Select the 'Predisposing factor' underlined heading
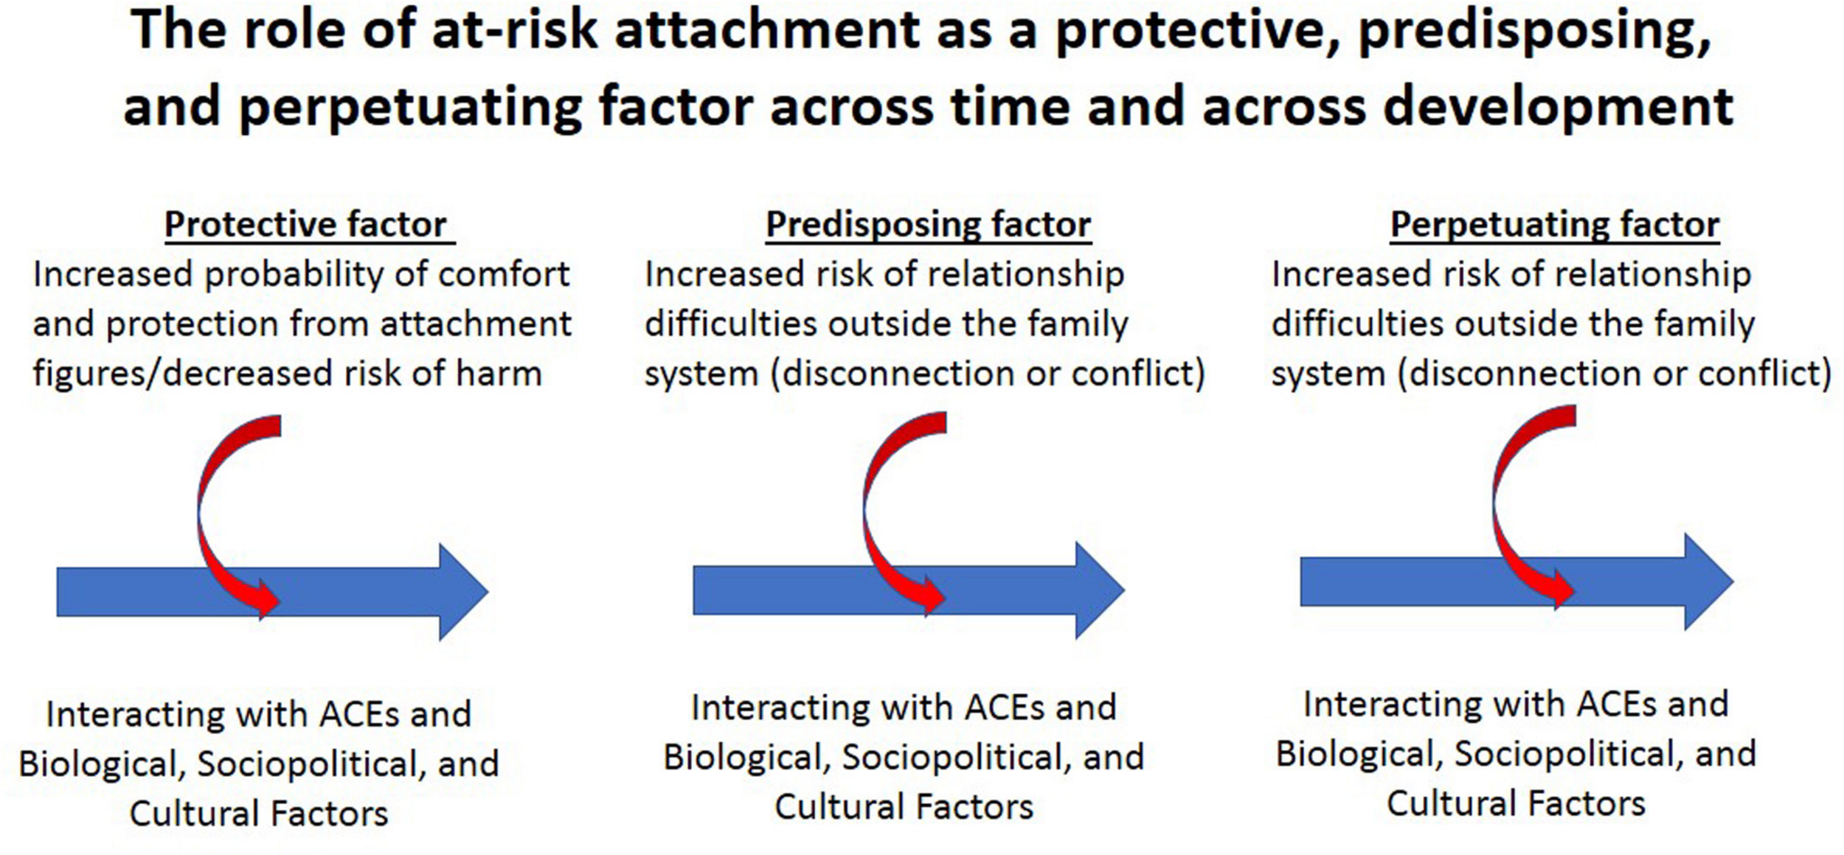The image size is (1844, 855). [928, 224]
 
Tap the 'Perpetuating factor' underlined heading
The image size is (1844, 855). [1555, 224]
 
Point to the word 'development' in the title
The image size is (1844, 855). [1558, 106]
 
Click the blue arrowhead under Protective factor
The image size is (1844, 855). [460, 592]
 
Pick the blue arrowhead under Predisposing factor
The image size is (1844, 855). [1097, 590]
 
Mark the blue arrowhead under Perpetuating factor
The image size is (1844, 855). [1705, 582]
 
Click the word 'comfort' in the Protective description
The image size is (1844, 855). [503, 275]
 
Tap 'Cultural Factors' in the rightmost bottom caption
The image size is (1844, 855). [1516, 803]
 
